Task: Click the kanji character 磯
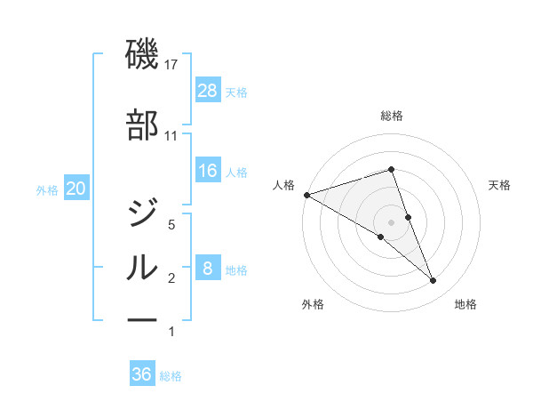click(x=142, y=55)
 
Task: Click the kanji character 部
click(x=142, y=125)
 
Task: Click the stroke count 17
click(x=172, y=65)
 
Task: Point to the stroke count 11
click(x=171, y=136)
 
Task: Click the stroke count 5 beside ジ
click(x=172, y=225)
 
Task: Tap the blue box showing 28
click(x=208, y=91)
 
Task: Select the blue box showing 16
click(x=208, y=171)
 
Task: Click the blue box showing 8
click(x=208, y=269)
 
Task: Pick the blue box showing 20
click(x=76, y=189)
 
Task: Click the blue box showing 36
click(x=142, y=374)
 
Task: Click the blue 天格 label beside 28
click(x=236, y=92)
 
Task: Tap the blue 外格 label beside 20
click(x=47, y=189)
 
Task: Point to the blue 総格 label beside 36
click(x=171, y=375)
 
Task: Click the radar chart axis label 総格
click(x=391, y=116)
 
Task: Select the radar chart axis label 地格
click(x=465, y=305)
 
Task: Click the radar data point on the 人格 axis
click(x=306, y=195)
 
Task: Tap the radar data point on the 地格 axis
click(x=433, y=281)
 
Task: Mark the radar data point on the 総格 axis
click(x=391, y=169)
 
